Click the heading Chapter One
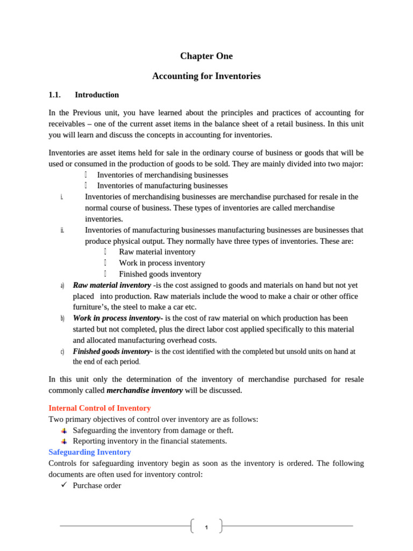(206, 56)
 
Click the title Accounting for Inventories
(206, 76)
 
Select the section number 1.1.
(54, 95)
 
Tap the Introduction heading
(97, 95)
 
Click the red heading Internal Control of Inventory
(99, 408)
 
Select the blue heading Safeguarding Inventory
(89, 453)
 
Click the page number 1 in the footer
(206, 527)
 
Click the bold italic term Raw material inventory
(112, 285)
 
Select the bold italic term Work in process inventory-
(118, 319)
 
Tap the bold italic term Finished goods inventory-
(113, 351)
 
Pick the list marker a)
(62, 286)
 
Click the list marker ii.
(62, 230)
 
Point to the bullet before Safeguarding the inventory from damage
(63, 431)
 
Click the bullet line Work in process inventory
(162, 263)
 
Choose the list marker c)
(62, 352)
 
